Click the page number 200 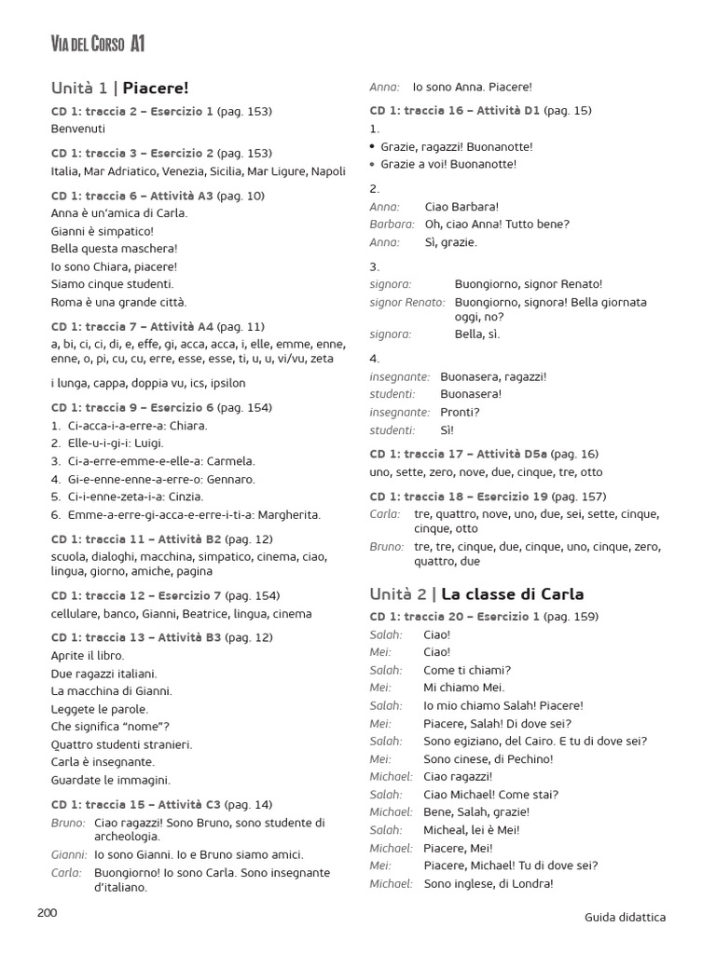(x=48, y=912)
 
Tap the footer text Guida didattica (x=625, y=918)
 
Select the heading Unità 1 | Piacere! (x=120, y=88)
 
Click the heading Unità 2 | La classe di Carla (x=476, y=593)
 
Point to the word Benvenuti (x=78, y=129)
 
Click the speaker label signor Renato (x=406, y=302)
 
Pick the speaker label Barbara (x=392, y=225)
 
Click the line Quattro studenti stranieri (x=122, y=744)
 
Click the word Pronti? (x=460, y=412)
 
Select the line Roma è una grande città (x=119, y=302)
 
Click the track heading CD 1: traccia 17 (x=420, y=454)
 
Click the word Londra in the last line (x=532, y=883)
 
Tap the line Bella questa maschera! (x=114, y=249)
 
